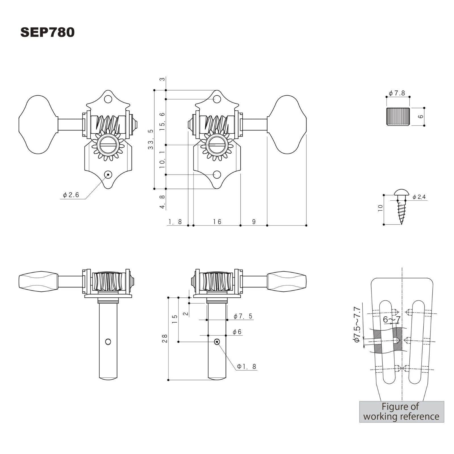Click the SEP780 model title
click(47, 32)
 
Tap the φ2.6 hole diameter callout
click(71, 195)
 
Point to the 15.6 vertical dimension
click(162, 121)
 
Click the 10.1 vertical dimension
click(162, 160)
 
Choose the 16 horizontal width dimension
click(217, 222)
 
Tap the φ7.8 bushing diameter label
click(397, 93)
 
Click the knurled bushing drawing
click(398, 117)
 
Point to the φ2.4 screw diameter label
click(419, 197)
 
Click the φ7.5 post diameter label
click(243, 316)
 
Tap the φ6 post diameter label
click(237, 332)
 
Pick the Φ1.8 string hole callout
click(247, 366)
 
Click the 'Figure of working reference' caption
click(402, 412)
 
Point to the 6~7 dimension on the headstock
click(391, 320)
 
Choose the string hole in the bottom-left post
click(108, 342)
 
